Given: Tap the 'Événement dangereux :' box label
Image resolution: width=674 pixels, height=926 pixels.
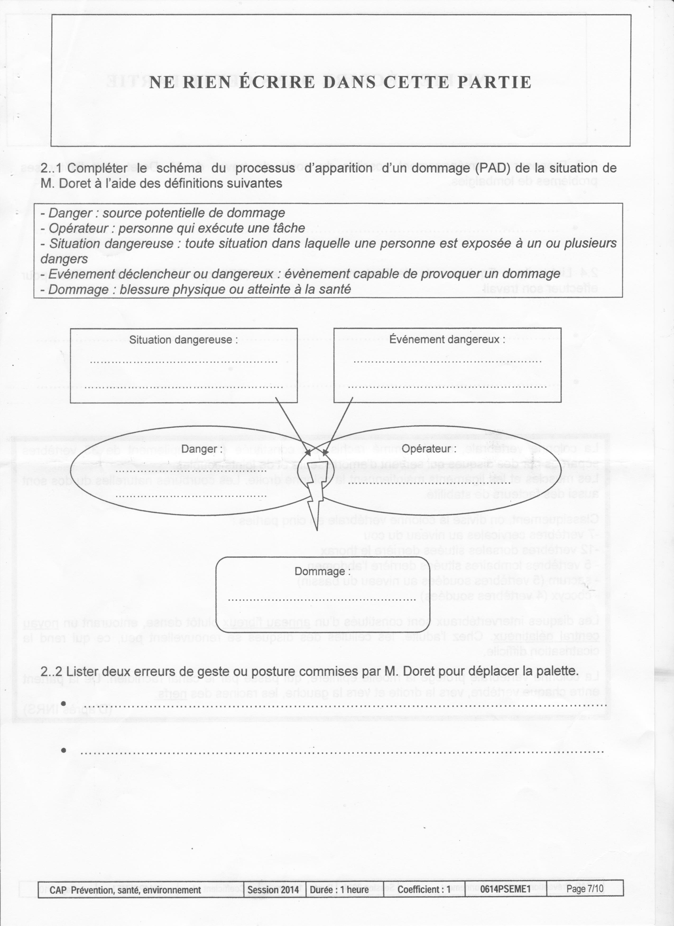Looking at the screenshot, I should (447, 339).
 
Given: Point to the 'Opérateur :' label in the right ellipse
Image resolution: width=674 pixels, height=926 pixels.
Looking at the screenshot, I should (429, 449).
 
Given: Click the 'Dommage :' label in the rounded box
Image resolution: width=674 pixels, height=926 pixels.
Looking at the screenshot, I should (322, 571).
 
